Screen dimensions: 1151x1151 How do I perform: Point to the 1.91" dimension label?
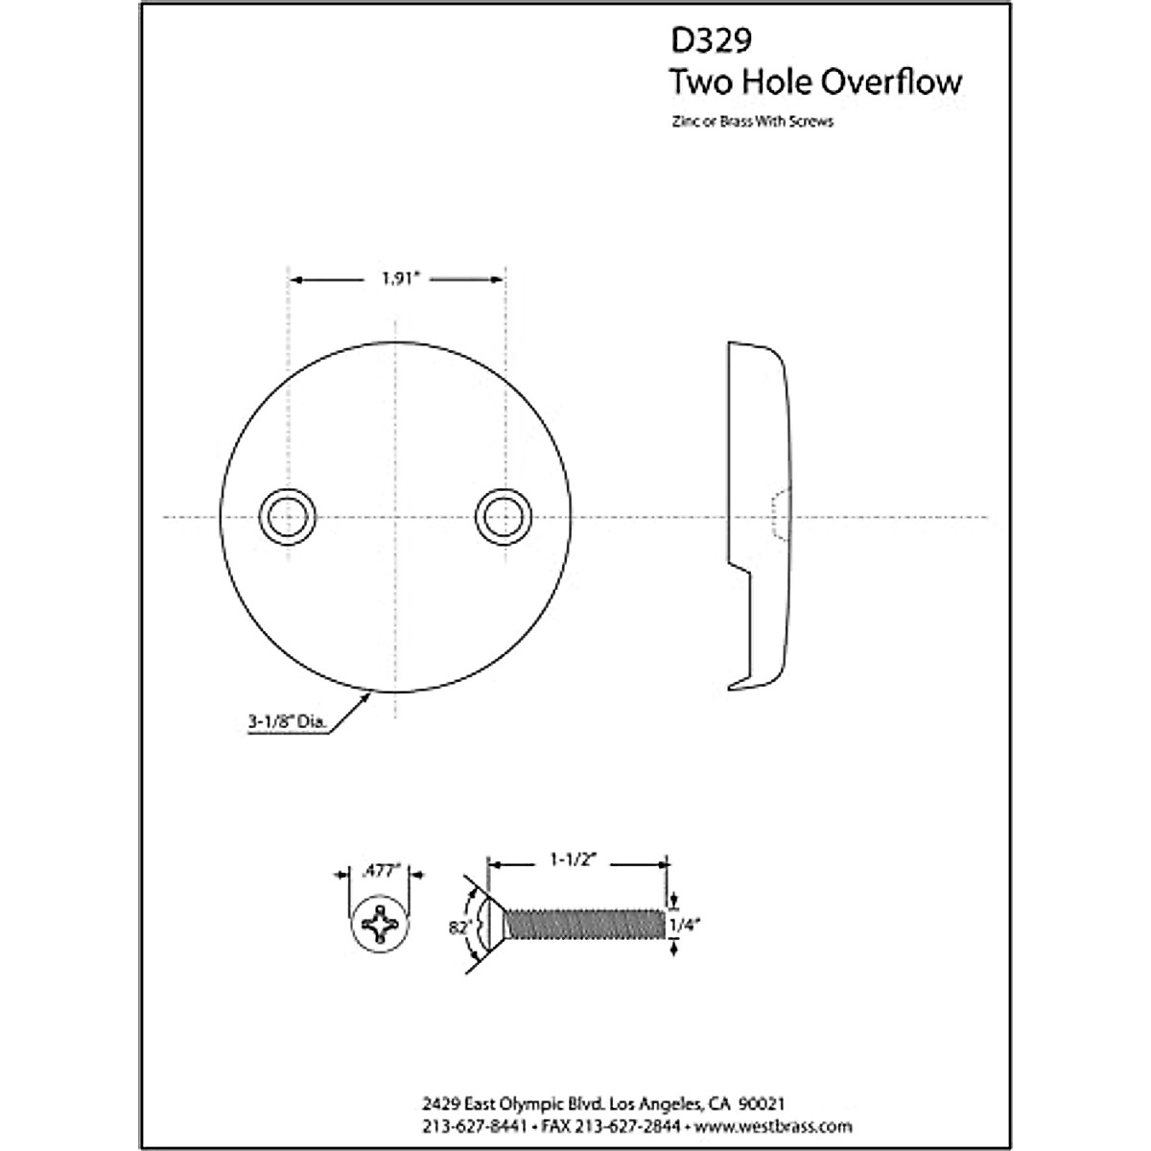(x=397, y=279)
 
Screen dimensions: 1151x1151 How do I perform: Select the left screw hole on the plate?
(x=288, y=517)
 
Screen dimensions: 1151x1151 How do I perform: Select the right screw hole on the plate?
(x=503, y=517)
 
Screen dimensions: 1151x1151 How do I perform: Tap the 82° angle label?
(x=456, y=927)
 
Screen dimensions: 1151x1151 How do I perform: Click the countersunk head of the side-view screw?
(x=491, y=925)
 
